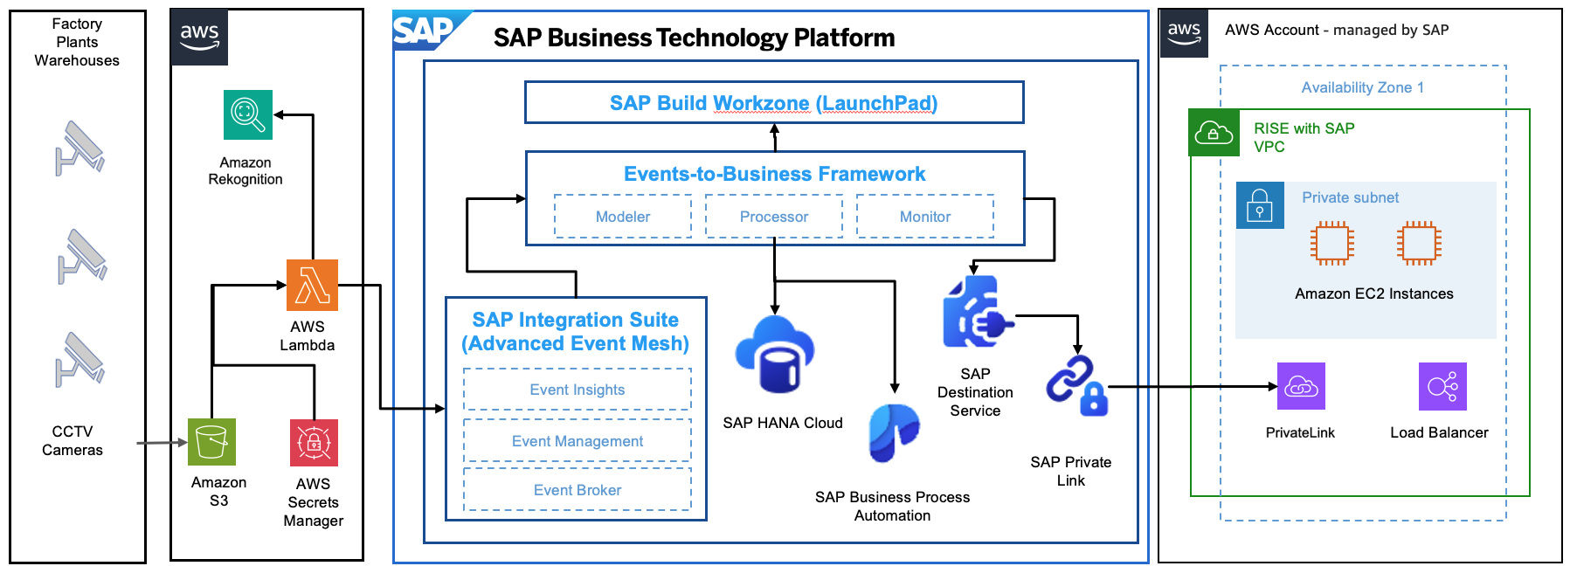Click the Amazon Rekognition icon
248,114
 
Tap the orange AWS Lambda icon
312,285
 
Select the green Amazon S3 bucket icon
211,442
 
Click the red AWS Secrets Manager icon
314,443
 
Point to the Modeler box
623,217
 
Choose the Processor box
774,217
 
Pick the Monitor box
925,217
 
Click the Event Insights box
578,390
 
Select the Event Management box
578,441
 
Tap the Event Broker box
578,490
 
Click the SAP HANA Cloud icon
775,355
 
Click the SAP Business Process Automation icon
893,432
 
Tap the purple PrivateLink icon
1301,386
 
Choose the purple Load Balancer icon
1442,386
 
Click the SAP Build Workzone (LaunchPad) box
774,103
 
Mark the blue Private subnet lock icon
1260,205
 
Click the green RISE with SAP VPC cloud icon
1214,133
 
